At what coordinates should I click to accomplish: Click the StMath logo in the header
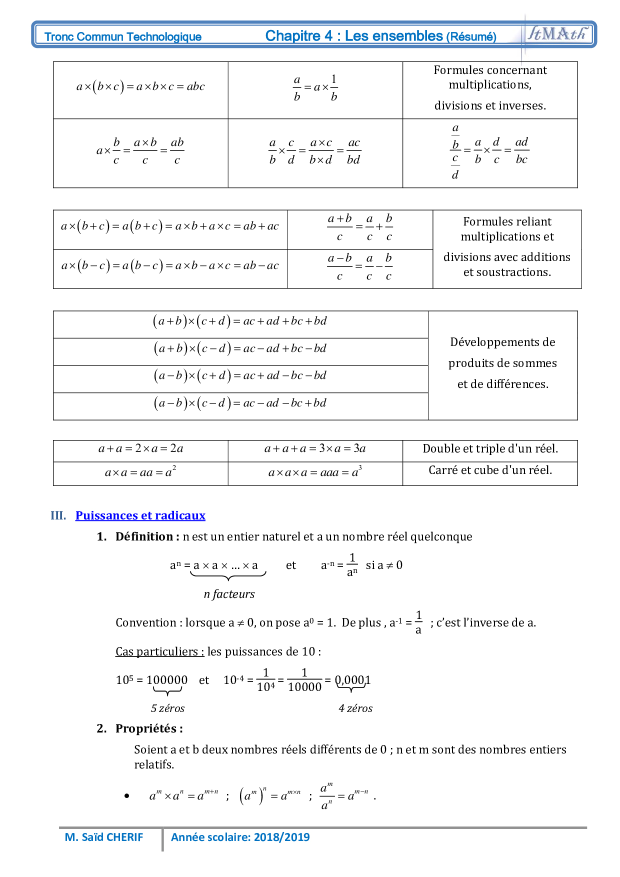[556, 33]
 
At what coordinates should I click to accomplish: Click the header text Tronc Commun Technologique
[123, 36]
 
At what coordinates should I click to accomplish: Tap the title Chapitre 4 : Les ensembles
[354, 36]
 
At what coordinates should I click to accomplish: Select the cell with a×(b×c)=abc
[140, 86]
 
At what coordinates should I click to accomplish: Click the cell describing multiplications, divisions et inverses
[490, 88]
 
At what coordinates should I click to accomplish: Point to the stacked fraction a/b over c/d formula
[489, 151]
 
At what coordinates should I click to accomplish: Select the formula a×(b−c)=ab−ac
[170, 266]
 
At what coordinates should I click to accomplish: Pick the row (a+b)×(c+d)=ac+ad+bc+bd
[240, 321]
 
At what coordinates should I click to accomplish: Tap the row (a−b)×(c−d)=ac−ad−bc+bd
[240, 403]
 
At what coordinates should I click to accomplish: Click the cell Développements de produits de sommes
[502, 363]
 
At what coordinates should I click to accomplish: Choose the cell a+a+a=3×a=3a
[315, 448]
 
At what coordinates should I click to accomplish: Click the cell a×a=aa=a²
[140, 472]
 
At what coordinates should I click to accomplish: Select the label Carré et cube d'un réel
[490, 470]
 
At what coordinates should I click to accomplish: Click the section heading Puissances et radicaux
[140, 515]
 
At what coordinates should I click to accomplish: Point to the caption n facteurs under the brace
[229, 594]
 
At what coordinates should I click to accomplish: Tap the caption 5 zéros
[167, 708]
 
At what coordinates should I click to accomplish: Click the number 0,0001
[352, 680]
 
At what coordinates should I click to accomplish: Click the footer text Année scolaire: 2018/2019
[240, 837]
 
